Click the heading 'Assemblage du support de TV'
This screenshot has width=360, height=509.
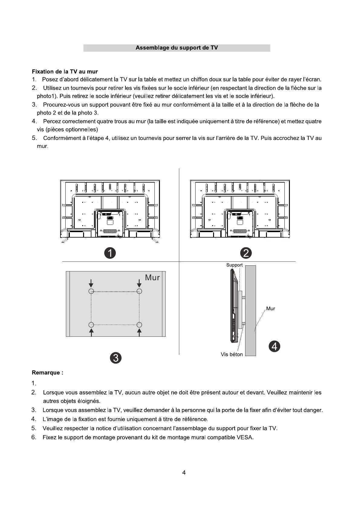click(177, 48)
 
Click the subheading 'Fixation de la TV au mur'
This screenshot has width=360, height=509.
click(65, 72)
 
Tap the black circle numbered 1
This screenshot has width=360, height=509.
click(110, 253)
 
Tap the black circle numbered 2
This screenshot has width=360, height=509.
click(246, 253)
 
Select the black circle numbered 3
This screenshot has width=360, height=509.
click(116, 358)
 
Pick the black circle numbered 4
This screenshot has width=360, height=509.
click(274, 346)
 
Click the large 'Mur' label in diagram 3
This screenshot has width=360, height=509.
click(152, 277)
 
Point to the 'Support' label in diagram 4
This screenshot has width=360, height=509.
click(234, 265)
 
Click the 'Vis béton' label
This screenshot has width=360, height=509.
click(232, 354)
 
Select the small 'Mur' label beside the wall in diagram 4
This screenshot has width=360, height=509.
click(271, 309)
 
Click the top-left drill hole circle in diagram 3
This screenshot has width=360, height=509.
click(91, 291)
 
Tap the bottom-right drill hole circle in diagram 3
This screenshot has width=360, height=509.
click(139, 325)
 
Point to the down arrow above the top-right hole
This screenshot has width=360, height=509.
click(139, 283)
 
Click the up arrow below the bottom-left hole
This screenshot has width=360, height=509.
click(91, 332)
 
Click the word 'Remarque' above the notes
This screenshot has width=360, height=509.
click(46, 373)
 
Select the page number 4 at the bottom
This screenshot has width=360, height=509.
click(184, 473)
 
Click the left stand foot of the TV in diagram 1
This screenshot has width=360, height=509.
click(64, 241)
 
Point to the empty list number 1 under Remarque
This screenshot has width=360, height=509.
click(34, 384)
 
